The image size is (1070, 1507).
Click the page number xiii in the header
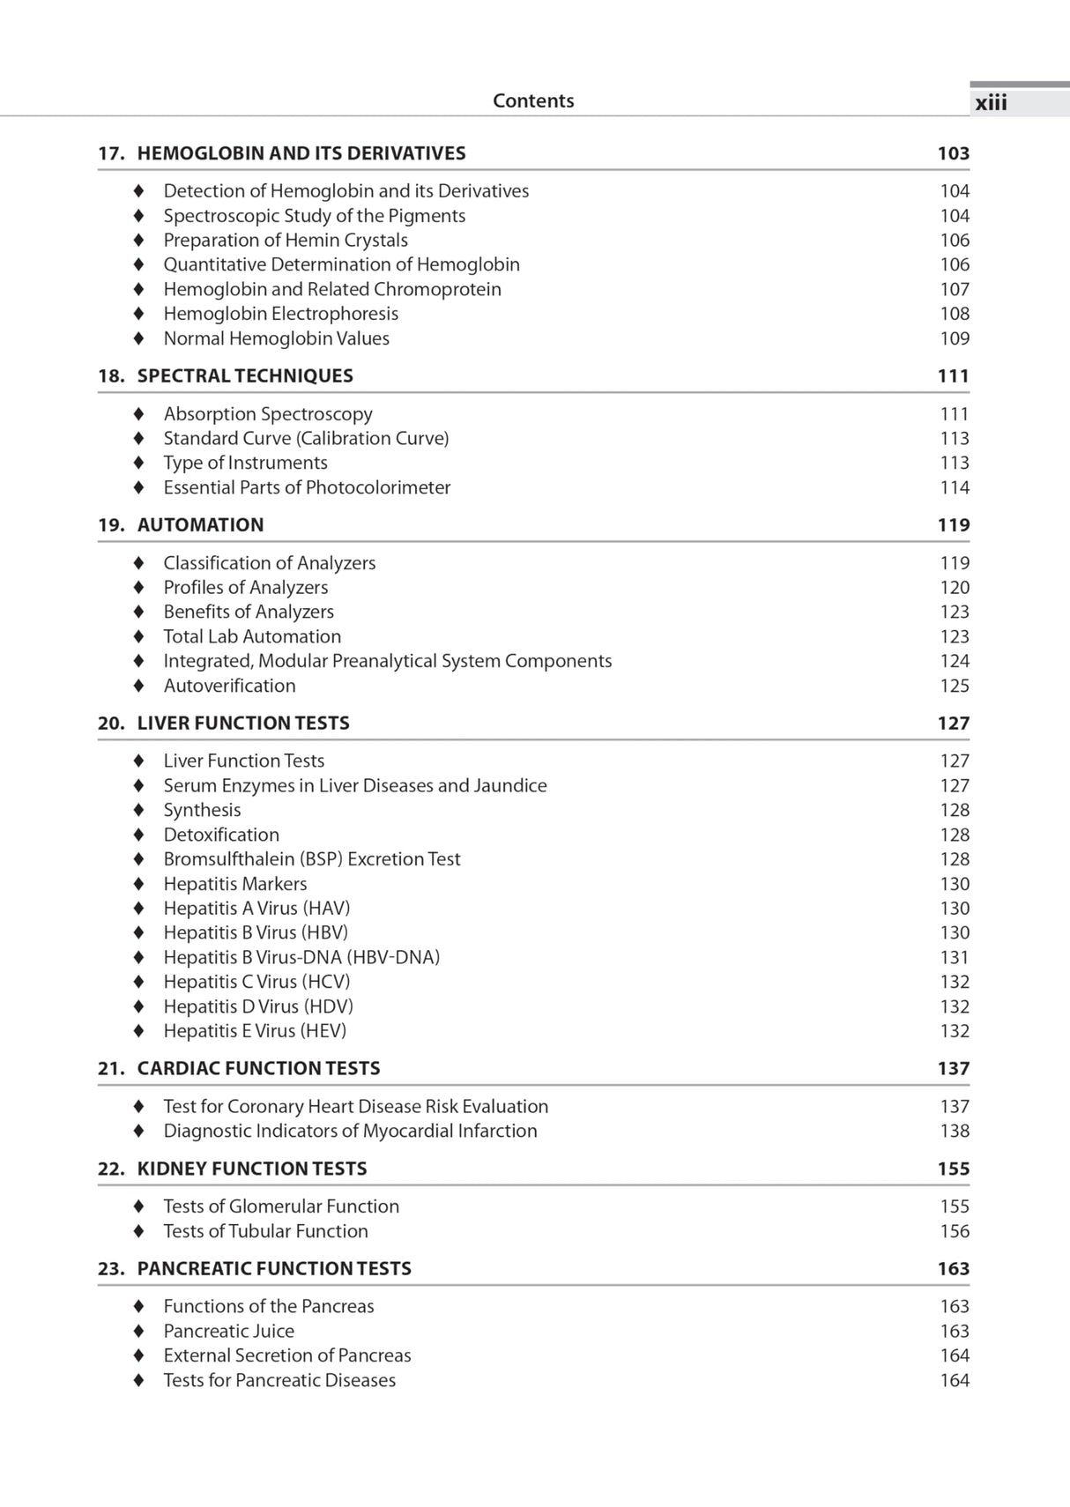tap(991, 103)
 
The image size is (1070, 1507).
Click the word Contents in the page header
tap(533, 100)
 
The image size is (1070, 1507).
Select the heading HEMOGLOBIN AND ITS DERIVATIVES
tap(301, 153)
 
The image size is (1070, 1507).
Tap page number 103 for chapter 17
tap(953, 153)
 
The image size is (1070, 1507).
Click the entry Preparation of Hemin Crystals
tap(286, 240)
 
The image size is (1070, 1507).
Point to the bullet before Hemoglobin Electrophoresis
tap(138, 314)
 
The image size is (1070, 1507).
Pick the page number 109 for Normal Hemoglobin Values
tap(954, 338)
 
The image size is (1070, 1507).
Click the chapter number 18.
tap(110, 376)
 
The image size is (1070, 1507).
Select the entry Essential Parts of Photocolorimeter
tap(307, 487)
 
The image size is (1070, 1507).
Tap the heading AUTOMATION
tap(200, 525)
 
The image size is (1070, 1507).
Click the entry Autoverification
tap(229, 686)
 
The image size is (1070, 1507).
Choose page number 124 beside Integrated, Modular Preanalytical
tap(954, 661)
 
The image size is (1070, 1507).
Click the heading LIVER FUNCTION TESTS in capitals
tap(243, 724)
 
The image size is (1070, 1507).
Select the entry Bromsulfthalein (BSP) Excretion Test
tap(312, 859)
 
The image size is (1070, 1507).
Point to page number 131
tap(954, 957)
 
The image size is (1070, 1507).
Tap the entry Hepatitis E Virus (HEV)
tap(255, 1031)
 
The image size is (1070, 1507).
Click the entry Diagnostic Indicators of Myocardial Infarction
tap(350, 1131)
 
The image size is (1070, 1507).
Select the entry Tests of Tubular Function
tap(265, 1231)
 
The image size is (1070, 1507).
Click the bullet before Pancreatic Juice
tap(138, 1332)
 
